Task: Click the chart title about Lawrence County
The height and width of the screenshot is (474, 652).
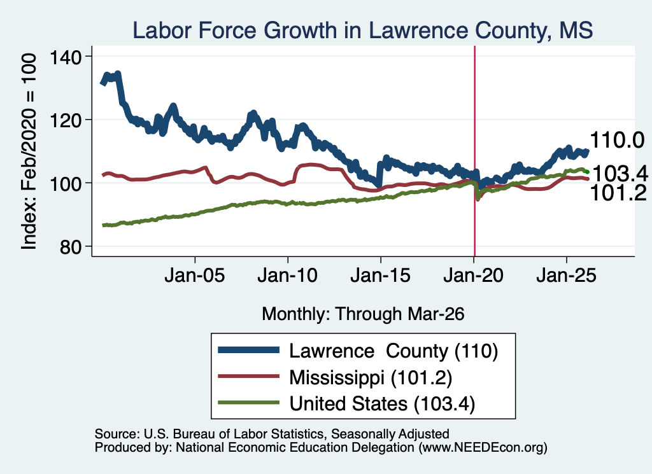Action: [x=362, y=31]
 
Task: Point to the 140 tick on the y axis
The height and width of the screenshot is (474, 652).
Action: [x=66, y=57]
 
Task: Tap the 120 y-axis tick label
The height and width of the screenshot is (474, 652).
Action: [x=66, y=120]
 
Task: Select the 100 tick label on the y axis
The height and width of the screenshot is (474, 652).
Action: [x=66, y=183]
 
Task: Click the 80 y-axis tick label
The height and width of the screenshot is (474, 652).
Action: [x=70, y=247]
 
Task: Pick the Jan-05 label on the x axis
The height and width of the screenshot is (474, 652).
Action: [x=195, y=275]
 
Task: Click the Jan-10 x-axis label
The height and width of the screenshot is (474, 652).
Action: [x=287, y=275]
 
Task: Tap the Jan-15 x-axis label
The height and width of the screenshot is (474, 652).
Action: [x=381, y=275]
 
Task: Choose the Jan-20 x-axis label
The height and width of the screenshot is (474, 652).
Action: [x=474, y=275]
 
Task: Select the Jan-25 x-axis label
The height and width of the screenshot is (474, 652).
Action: [x=566, y=275]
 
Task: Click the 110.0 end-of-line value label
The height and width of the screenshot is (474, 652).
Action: [x=617, y=140]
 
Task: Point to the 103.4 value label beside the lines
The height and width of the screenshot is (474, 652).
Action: [x=620, y=173]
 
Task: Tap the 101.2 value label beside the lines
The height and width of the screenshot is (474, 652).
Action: [x=618, y=193]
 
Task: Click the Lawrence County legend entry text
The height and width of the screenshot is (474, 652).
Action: [x=393, y=351]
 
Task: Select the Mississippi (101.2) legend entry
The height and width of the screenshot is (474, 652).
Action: [x=371, y=378]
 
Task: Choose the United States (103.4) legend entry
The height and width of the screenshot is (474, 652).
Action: [x=382, y=404]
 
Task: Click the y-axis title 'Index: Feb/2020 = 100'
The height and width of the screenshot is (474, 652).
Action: [x=29, y=151]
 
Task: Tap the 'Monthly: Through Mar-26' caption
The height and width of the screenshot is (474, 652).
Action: [x=363, y=314]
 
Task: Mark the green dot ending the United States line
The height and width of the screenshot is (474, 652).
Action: [x=587, y=172]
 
